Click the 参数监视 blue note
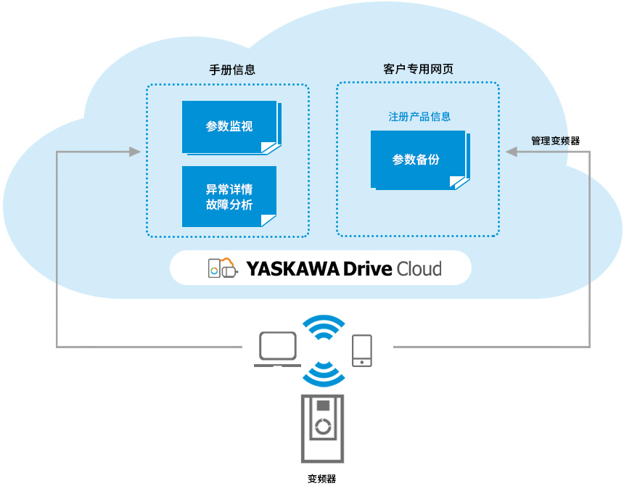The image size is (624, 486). pyautogui.click(x=229, y=127)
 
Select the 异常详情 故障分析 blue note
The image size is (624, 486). pyautogui.click(x=229, y=197)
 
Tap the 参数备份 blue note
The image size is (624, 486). pyautogui.click(x=417, y=160)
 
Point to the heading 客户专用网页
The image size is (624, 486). pyautogui.click(x=419, y=70)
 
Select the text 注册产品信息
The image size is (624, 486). pyautogui.click(x=419, y=117)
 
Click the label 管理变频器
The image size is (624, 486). pyautogui.click(x=555, y=141)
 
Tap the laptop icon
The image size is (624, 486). pyautogui.click(x=277, y=349)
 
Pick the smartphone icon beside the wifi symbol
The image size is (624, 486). pyautogui.click(x=362, y=350)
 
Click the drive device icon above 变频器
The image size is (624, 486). pyautogui.click(x=323, y=428)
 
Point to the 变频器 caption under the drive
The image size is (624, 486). pyautogui.click(x=322, y=479)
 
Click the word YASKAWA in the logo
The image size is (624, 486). pyautogui.click(x=293, y=269)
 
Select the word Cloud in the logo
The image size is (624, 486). pyautogui.click(x=419, y=269)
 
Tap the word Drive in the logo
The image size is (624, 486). pyautogui.click(x=367, y=269)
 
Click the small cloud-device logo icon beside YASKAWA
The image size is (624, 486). pyautogui.click(x=223, y=268)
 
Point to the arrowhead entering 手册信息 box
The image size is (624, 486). pyautogui.click(x=134, y=152)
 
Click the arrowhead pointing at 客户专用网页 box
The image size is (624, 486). pyautogui.click(x=511, y=152)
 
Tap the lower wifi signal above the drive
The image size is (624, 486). pyautogui.click(x=323, y=373)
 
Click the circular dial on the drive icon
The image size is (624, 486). pyautogui.click(x=323, y=426)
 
